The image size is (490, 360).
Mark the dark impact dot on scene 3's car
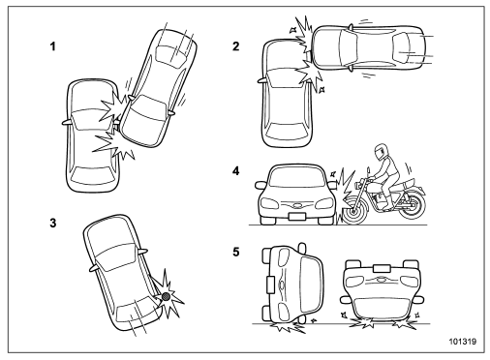167,295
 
